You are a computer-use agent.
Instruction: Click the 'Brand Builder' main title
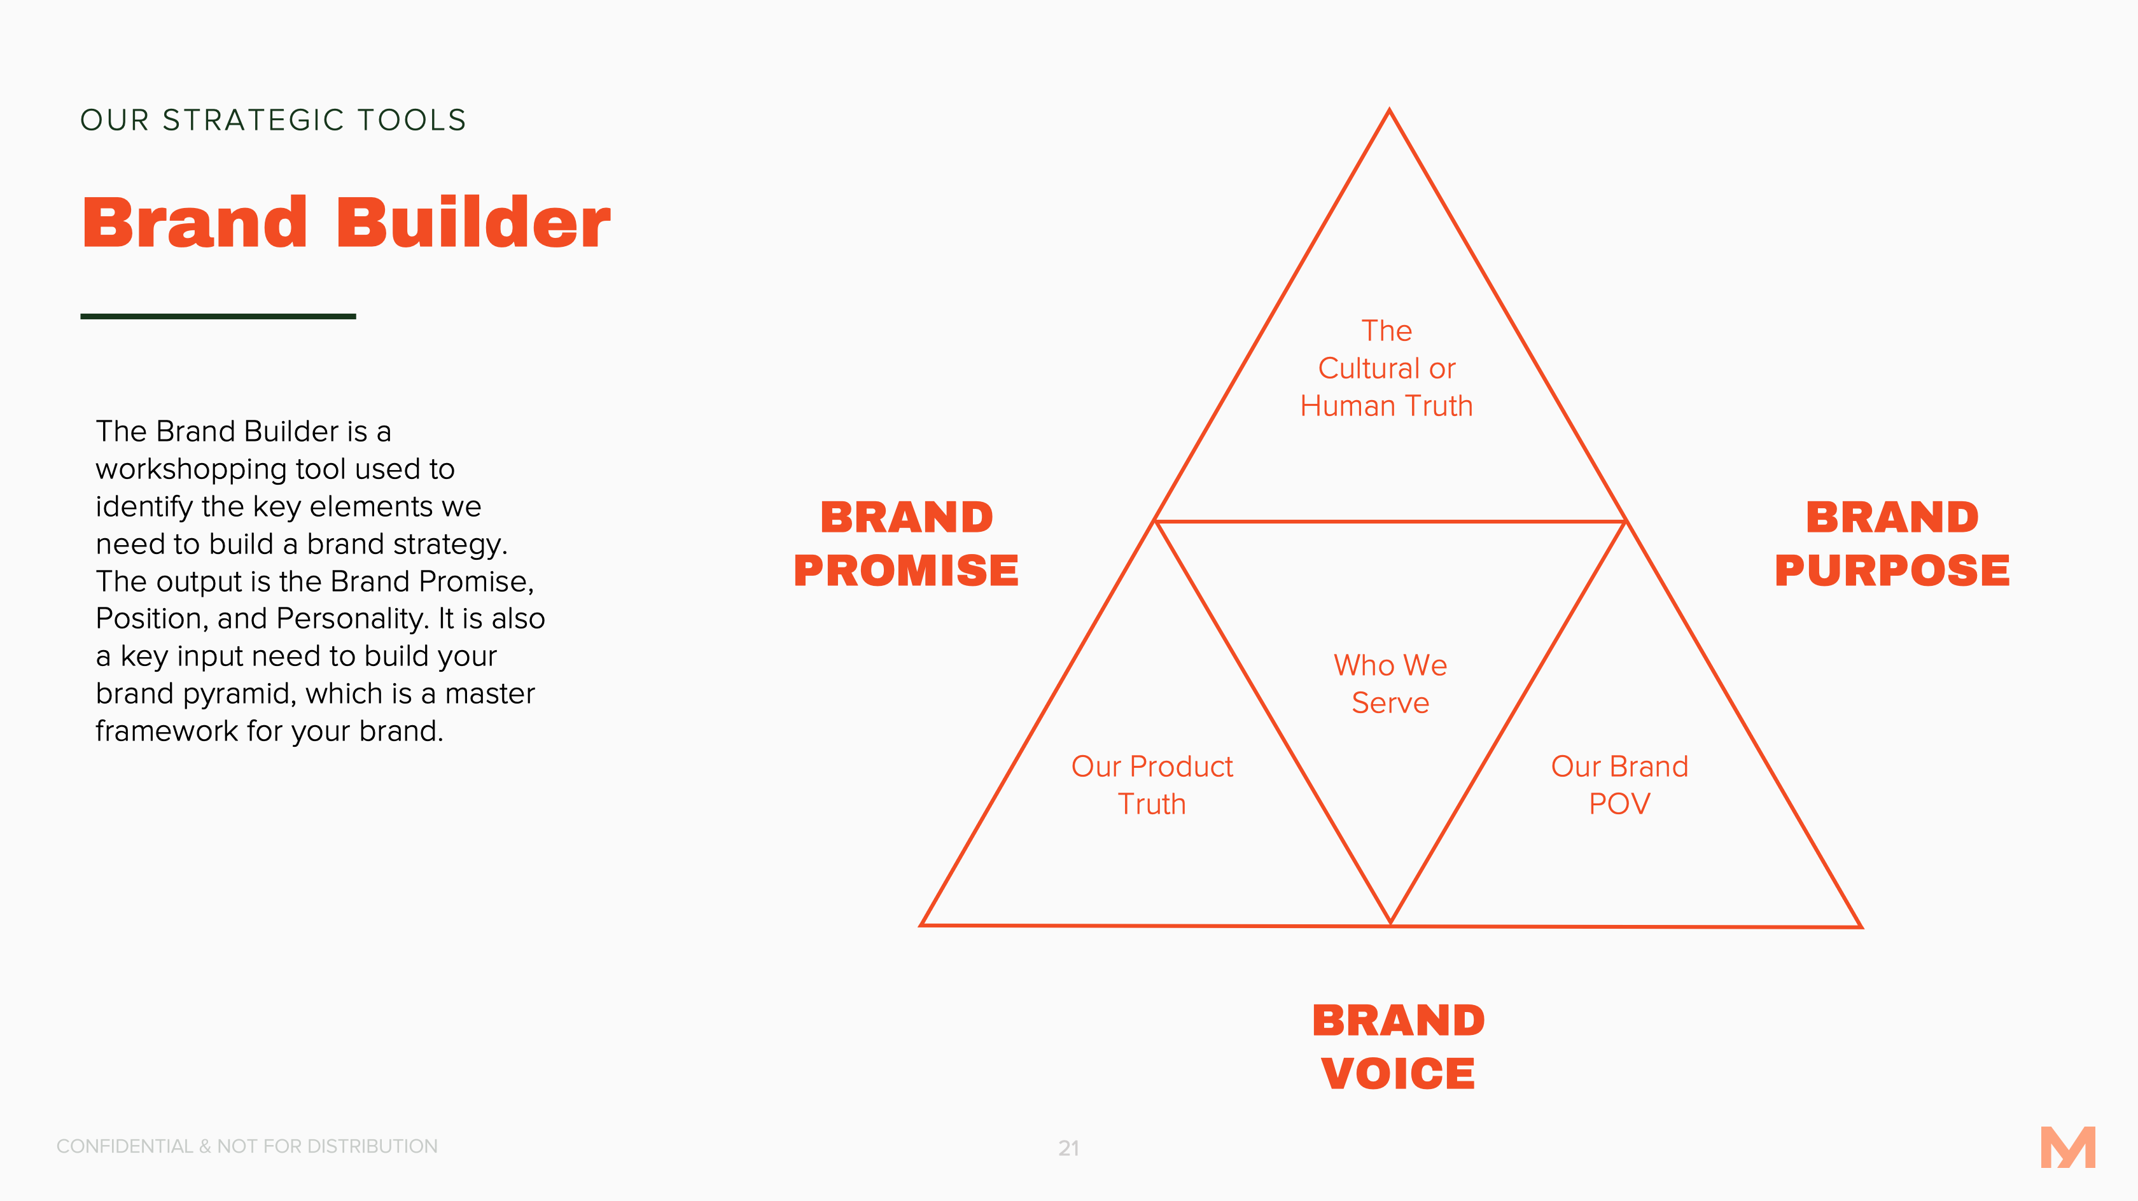pyautogui.click(x=346, y=223)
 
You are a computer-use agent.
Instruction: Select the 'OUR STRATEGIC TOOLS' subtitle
pyautogui.click(x=274, y=120)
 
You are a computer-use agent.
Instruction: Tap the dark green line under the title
pyautogui.click(x=218, y=316)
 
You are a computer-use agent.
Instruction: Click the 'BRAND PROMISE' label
pyautogui.click(x=906, y=544)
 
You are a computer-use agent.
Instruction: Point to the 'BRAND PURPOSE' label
pyautogui.click(x=1892, y=544)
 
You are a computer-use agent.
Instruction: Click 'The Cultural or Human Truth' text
pyautogui.click(x=1387, y=368)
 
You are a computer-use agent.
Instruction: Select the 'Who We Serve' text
pyautogui.click(x=1390, y=684)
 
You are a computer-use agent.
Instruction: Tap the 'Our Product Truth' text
pyautogui.click(x=1152, y=785)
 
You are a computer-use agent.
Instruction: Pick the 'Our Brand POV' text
pyautogui.click(x=1619, y=785)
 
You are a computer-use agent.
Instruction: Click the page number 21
pyautogui.click(x=1069, y=1148)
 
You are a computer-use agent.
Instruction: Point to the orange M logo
pyautogui.click(x=2068, y=1147)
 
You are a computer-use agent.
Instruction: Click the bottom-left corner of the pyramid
pyautogui.click(x=921, y=925)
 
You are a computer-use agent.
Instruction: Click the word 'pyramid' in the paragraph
pyautogui.click(x=239, y=695)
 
